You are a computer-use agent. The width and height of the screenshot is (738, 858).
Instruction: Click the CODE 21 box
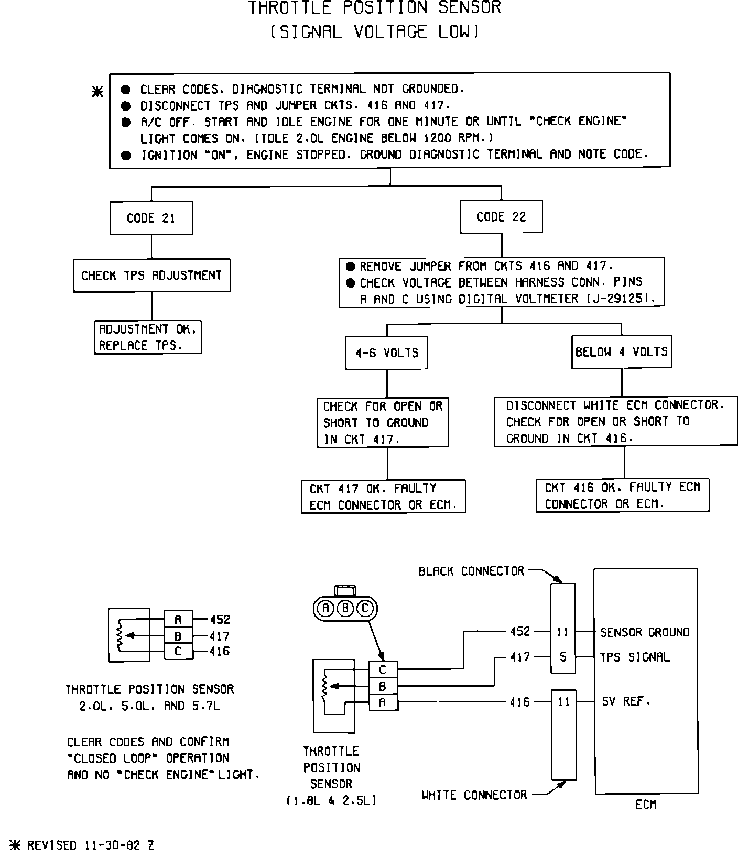tap(151, 218)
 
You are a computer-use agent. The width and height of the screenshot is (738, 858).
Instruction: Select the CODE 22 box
tap(501, 217)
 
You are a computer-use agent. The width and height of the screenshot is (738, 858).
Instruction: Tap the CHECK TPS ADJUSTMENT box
tap(151, 276)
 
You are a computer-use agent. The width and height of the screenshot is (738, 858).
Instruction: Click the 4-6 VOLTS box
tap(387, 353)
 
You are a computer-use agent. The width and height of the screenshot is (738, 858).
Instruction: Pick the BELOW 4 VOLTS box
tap(621, 351)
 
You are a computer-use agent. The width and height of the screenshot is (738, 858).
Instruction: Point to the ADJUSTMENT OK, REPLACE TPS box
tap(148, 337)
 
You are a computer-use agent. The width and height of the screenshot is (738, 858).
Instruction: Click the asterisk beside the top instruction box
tap(97, 92)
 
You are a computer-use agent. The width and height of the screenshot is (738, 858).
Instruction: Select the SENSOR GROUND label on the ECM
tap(645, 633)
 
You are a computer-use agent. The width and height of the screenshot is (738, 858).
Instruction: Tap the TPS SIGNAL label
tap(635, 657)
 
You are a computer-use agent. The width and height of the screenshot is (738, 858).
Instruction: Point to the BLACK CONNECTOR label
tap(471, 571)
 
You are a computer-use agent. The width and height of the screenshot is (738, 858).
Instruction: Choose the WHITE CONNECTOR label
tap(474, 795)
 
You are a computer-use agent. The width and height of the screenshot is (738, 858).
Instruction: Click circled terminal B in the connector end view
tap(345, 608)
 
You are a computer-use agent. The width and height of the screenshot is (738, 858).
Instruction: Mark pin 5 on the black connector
tap(563, 657)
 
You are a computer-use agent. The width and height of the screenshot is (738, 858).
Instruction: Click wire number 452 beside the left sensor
tap(220, 620)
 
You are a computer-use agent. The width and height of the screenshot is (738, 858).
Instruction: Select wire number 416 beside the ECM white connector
tap(520, 702)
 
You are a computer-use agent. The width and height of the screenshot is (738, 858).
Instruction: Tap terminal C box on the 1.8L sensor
tap(383, 670)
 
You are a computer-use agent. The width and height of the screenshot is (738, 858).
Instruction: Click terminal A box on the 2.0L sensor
tap(178, 620)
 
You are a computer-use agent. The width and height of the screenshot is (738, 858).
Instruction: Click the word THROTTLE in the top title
tap(290, 8)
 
